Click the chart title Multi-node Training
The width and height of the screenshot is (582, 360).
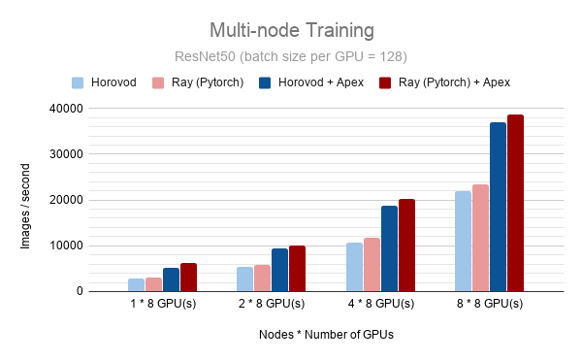click(x=290, y=29)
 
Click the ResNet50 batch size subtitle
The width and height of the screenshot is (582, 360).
click(x=290, y=55)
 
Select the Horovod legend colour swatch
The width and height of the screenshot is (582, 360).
click(x=78, y=82)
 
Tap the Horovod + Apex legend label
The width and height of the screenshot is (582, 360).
click(x=320, y=82)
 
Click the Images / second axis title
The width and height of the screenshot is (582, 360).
click(x=27, y=199)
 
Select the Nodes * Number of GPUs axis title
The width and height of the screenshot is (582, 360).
click(x=326, y=335)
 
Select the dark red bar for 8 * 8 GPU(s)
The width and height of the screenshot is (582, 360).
click(x=515, y=203)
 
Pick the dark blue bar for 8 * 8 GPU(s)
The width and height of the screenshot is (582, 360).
click(x=498, y=207)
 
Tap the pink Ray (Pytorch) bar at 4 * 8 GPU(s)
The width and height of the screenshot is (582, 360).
click(x=372, y=264)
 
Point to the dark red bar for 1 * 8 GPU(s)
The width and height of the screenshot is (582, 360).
click(x=188, y=277)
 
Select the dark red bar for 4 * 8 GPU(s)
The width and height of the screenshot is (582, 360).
click(x=406, y=245)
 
